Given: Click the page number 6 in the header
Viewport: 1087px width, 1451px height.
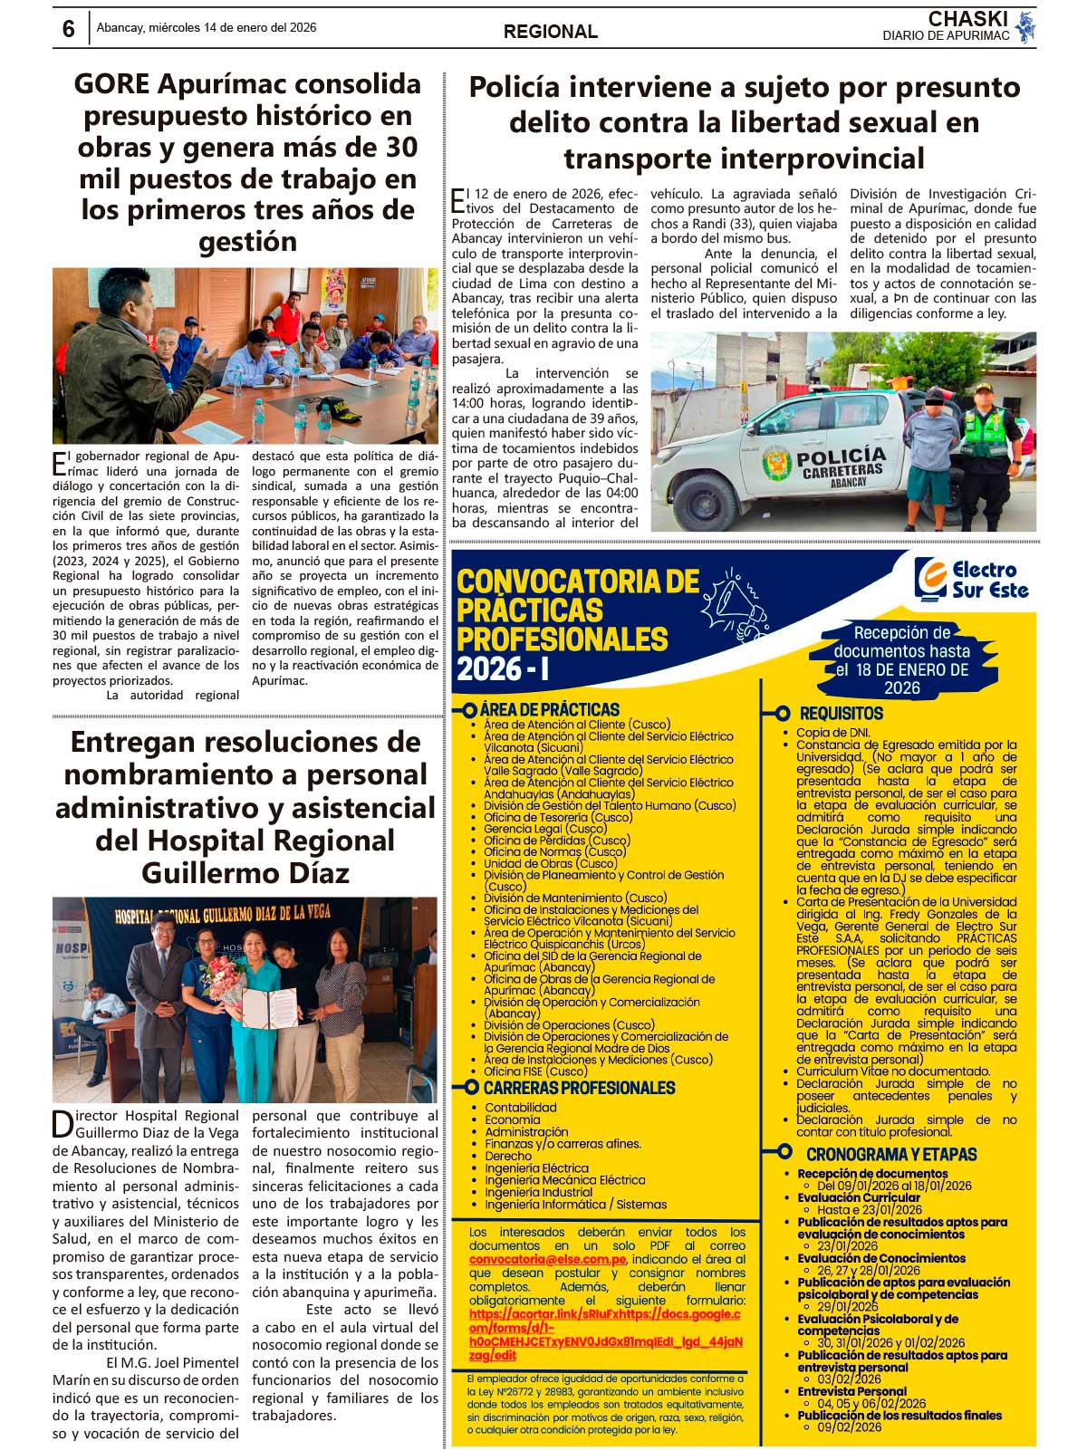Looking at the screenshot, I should (69, 29).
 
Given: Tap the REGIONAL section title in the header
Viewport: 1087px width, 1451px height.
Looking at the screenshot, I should (550, 32).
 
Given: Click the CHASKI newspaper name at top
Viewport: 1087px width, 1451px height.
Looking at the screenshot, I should (967, 19).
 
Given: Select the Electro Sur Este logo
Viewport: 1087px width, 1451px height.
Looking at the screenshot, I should (971, 580).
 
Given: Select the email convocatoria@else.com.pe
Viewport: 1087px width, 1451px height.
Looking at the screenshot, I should (547, 1259).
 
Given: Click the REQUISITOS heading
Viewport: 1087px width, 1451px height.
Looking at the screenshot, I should (841, 714).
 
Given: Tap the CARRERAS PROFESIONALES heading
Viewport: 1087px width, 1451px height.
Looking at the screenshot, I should (579, 1088).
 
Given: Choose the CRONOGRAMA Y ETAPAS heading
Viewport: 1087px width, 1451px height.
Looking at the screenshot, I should (890, 1154).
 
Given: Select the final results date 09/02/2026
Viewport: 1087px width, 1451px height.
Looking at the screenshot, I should (849, 1427).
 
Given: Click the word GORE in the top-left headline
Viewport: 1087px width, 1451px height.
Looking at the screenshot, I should (111, 84).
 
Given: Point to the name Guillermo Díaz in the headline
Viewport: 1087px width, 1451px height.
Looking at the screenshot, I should (245, 873).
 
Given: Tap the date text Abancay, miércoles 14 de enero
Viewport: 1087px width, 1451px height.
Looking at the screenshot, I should (207, 28).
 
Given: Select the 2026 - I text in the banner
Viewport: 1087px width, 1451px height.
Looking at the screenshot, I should (503, 669).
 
